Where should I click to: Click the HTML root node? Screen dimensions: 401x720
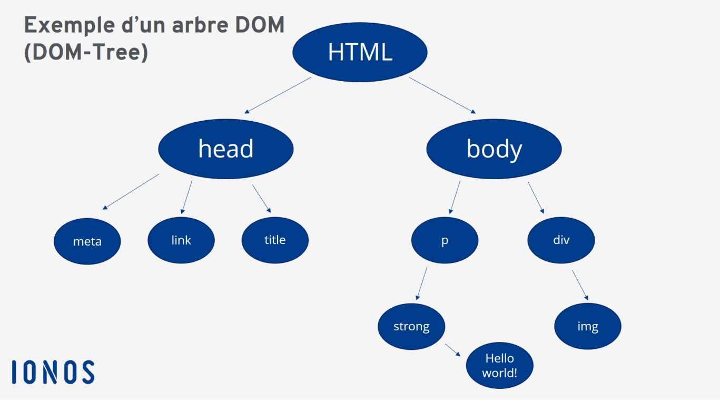360,52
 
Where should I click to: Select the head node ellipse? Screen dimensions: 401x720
225,149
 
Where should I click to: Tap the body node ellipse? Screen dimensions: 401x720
494,149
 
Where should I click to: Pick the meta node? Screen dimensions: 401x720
87,241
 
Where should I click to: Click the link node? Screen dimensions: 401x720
181,240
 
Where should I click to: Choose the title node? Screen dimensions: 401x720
274,240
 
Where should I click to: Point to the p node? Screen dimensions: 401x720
445,240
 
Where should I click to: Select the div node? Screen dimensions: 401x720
561,240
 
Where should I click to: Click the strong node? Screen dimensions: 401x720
411,327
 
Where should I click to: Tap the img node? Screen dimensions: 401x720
587,327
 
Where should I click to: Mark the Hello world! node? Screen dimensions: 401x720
499,366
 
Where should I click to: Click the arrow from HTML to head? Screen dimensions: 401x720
278,95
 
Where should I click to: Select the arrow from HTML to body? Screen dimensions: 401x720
442,95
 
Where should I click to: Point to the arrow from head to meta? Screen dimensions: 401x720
131,192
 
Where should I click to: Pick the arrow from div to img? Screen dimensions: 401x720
580,285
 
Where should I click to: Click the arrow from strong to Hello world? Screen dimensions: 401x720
453,350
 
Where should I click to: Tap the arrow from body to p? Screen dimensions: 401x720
455,197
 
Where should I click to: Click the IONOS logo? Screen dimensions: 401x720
53,372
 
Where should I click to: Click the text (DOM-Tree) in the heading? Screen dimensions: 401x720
86,52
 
